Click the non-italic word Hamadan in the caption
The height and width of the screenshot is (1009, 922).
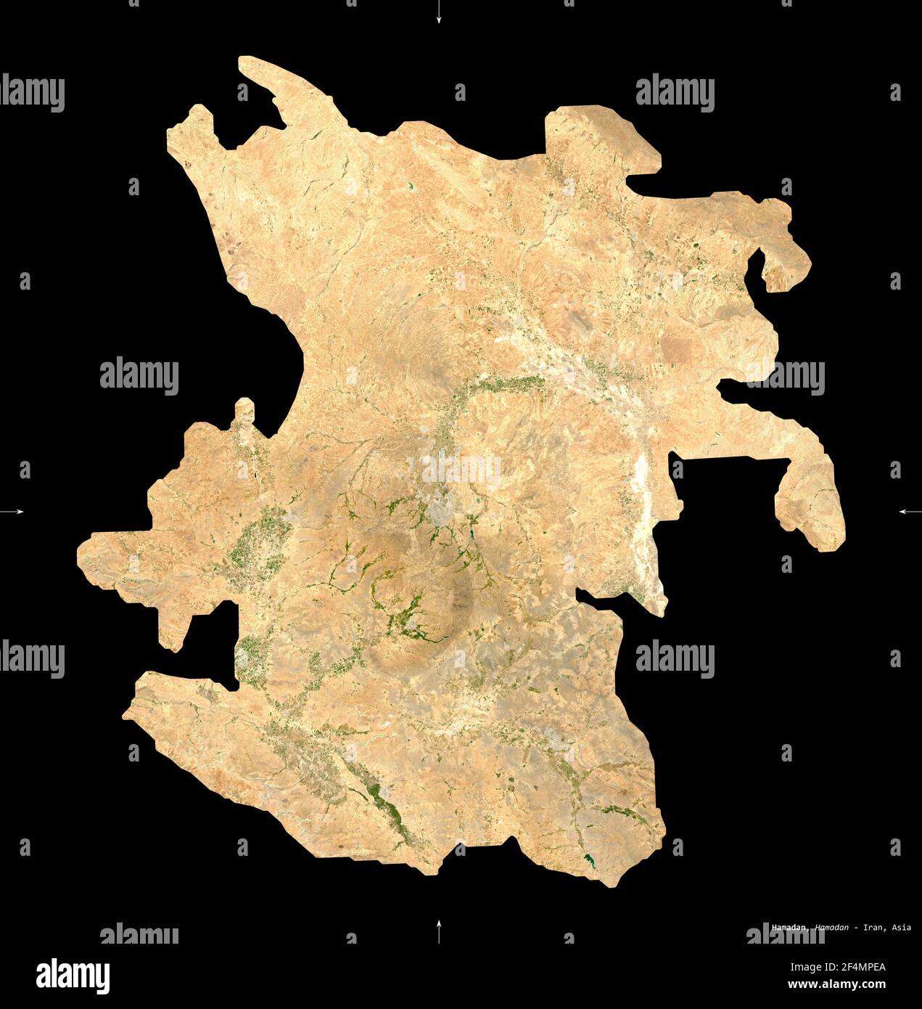coord(791,928)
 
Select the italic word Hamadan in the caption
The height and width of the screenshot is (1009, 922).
coord(831,928)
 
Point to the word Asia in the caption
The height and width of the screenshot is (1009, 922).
coord(902,928)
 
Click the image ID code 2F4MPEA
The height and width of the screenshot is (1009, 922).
coord(859,966)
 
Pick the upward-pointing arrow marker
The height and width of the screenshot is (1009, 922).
coord(438,931)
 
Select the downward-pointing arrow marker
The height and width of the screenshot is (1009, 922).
coord(438,13)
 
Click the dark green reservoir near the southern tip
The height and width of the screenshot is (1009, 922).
coord(588,862)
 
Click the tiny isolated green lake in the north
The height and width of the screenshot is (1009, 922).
coord(411,187)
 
